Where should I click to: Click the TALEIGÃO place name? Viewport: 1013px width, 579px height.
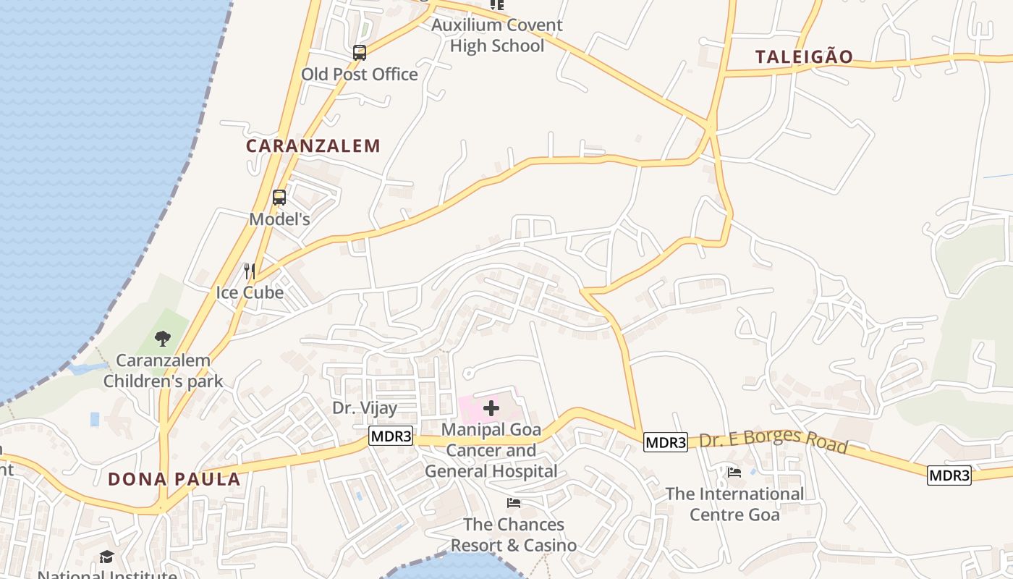[x=804, y=56]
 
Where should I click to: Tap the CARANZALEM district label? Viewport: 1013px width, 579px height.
[x=313, y=145]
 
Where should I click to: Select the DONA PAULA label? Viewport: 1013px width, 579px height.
[x=174, y=479]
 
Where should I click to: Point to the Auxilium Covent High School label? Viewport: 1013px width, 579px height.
[x=496, y=35]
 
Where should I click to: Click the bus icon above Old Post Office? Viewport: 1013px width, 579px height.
[x=359, y=52]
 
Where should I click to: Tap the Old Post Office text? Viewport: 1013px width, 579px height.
[x=359, y=74]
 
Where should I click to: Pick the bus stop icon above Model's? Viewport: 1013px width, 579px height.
[x=279, y=197]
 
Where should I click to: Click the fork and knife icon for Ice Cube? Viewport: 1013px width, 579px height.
[x=249, y=271]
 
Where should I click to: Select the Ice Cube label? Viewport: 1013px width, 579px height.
[x=250, y=292]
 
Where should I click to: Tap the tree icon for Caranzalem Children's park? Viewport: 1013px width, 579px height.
[x=163, y=338]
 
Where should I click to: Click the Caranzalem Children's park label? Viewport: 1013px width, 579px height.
[x=163, y=371]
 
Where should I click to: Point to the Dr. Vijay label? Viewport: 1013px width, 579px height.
[x=365, y=407]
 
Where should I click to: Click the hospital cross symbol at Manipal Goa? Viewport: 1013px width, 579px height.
[x=491, y=408]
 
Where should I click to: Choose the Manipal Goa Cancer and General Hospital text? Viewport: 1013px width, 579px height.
[x=491, y=450]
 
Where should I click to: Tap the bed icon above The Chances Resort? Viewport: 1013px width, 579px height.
[x=514, y=502]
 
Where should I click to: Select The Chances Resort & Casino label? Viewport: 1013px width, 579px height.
[x=514, y=534]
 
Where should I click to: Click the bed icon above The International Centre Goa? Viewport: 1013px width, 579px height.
[x=734, y=473]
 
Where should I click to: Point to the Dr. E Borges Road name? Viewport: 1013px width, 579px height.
[x=773, y=439]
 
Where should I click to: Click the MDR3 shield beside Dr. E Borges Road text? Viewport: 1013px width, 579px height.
[x=665, y=442]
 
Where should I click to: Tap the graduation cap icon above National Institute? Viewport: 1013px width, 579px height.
[x=107, y=557]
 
